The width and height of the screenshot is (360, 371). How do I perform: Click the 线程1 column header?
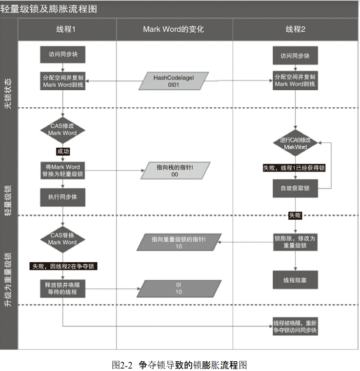pyautogui.click(x=67, y=29)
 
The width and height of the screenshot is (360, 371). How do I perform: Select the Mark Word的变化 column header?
pyautogui.click(x=174, y=29)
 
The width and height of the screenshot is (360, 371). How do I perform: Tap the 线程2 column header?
pyautogui.click(x=295, y=29)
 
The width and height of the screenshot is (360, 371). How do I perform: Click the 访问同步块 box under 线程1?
pyautogui.click(x=63, y=55)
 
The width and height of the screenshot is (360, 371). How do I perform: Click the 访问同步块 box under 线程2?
pyautogui.click(x=295, y=56)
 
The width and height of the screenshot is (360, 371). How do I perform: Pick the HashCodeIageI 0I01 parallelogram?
pyautogui.click(x=174, y=81)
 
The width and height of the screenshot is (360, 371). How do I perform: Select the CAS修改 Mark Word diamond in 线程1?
pyautogui.click(x=62, y=129)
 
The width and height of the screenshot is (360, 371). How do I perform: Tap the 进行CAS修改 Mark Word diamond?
pyautogui.click(x=295, y=143)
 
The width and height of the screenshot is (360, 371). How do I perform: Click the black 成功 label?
pyautogui.click(x=63, y=152)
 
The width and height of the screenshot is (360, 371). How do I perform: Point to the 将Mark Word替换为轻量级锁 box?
pyautogui.click(x=62, y=170)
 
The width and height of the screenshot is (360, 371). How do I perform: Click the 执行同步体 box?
pyautogui.click(x=62, y=197)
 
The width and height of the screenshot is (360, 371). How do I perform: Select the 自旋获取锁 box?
pyautogui.click(x=295, y=188)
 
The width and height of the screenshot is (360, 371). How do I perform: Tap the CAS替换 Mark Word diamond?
pyautogui.click(x=62, y=238)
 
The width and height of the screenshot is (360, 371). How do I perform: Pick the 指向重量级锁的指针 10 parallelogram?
pyautogui.click(x=179, y=243)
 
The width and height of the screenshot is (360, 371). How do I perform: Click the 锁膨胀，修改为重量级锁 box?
pyautogui.click(x=295, y=242)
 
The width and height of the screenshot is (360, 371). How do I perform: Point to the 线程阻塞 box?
pyautogui.click(x=295, y=280)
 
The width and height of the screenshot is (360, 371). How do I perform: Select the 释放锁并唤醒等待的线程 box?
pyautogui.click(x=62, y=289)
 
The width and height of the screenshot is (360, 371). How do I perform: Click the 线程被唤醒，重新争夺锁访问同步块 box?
pyautogui.click(x=295, y=327)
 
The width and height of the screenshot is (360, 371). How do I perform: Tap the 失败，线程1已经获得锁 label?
pyautogui.click(x=294, y=168)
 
